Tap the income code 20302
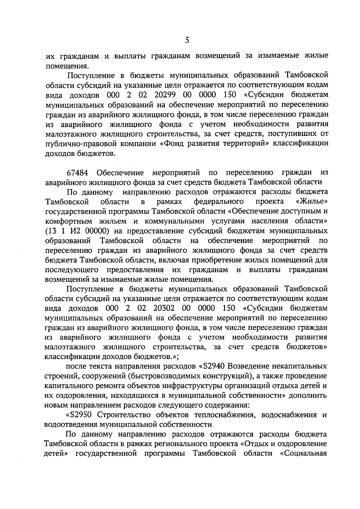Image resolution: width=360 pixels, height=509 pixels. (165, 308)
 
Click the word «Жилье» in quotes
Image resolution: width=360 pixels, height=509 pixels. (311, 201)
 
